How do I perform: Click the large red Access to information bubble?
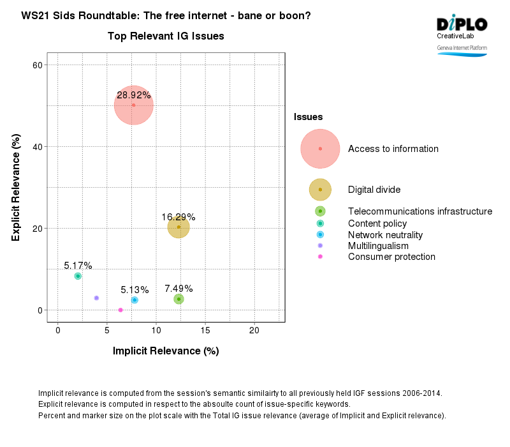coord(133,105)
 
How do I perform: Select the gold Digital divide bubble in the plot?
coord(178,227)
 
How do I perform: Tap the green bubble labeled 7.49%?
coord(179,299)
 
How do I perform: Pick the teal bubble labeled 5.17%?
coord(78,276)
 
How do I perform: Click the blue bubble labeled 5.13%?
coord(135,300)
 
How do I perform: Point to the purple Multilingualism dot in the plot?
coord(96,298)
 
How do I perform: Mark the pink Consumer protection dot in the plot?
coord(120,310)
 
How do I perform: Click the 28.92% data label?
coord(134,95)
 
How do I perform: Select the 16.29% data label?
coord(178,217)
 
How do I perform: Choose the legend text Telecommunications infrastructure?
coord(419,211)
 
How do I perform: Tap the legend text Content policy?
coord(377,223)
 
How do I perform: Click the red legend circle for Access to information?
coord(320,149)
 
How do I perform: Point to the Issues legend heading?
coord(308,117)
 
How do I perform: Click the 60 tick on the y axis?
coord(37,65)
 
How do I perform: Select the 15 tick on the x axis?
coord(205,330)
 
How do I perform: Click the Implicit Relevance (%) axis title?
coord(166,351)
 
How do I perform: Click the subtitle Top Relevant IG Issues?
coord(166,36)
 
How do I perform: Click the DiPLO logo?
coord(462,24)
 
